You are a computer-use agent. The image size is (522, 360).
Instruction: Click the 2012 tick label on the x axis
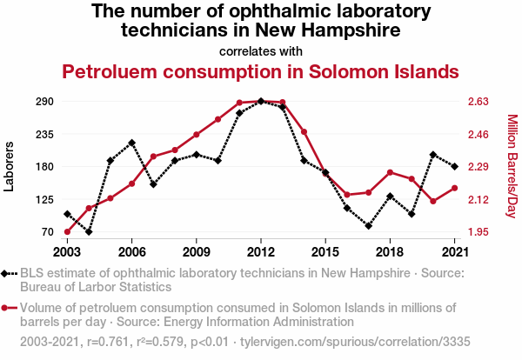261,251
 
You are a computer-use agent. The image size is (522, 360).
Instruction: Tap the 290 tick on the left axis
45,102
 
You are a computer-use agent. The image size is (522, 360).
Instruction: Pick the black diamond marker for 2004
89,232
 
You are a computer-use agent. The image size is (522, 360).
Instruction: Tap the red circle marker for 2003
67,232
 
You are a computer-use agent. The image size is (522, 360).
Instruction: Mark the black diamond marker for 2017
369,226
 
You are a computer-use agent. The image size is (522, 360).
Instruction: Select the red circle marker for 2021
455,188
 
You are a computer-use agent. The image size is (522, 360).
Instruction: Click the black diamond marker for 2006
131,143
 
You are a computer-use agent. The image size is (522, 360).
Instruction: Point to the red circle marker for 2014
304,132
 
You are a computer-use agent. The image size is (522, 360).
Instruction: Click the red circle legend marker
7,307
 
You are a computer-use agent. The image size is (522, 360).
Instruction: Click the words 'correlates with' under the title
261,50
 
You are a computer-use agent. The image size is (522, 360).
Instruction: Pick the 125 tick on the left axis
45,199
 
